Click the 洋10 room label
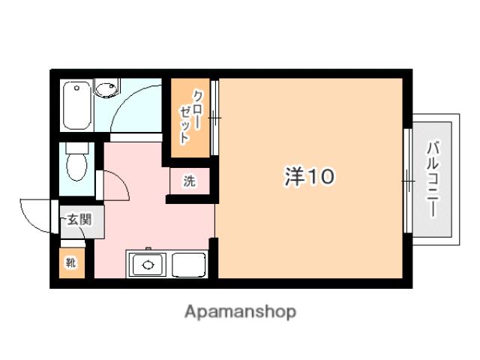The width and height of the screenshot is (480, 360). click(308, 177)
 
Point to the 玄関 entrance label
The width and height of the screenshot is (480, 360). click(78, 220)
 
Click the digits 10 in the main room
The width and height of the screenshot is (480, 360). click(320, 177)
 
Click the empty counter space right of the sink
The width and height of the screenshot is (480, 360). click(189, 265)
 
